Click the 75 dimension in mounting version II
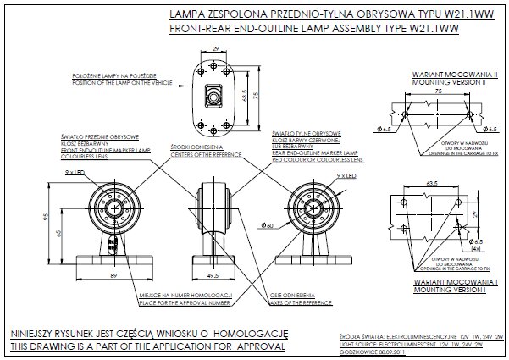(x=439, y=89)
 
